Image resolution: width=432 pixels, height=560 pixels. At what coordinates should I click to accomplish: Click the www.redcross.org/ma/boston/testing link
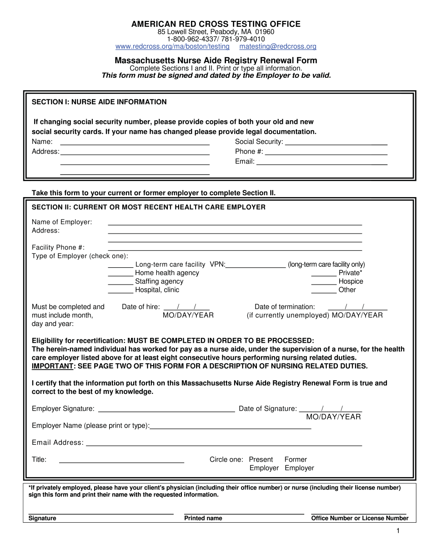172,46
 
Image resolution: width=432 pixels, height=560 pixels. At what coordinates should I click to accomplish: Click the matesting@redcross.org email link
278,46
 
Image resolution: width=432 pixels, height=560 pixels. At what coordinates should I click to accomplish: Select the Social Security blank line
336,143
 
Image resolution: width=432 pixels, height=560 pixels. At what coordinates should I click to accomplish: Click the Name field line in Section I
135,143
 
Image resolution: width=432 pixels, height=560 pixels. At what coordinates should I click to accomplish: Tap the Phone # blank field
326,153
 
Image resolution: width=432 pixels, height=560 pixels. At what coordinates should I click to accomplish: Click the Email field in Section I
322,163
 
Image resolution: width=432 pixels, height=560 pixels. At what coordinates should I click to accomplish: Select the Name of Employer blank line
235,223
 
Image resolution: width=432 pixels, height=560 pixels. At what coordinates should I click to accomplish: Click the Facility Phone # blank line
235,249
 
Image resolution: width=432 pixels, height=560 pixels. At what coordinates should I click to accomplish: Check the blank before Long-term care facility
121,265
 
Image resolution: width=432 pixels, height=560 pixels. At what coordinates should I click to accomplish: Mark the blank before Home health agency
121,274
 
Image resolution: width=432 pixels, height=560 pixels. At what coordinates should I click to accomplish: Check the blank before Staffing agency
121,283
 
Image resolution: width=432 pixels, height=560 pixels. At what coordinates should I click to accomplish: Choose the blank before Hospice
324,283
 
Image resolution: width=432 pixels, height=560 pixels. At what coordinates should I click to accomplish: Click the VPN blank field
255,265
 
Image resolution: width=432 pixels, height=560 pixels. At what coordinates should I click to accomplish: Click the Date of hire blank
186,308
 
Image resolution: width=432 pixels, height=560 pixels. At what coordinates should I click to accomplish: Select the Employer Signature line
166,409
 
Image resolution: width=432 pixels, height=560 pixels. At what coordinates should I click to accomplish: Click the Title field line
121,460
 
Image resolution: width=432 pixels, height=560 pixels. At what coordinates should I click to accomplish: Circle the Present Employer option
263,463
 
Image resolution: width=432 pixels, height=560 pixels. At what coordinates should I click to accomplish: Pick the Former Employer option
298,463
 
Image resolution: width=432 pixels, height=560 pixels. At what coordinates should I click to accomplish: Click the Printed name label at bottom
203,518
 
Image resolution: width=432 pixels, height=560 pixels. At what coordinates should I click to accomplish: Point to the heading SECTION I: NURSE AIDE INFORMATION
99,102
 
